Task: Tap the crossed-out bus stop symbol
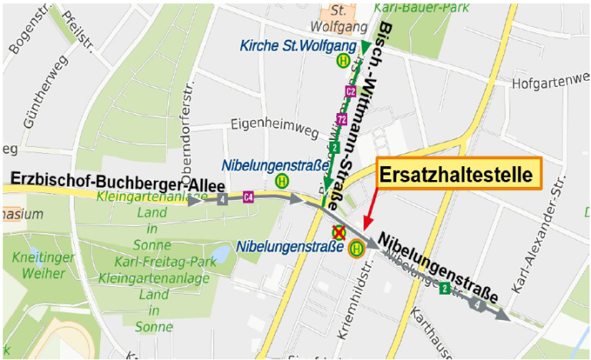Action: pyautogui.click(x=338, y=232)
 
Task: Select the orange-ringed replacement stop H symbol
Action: pyautogui.click(x=356, y=248)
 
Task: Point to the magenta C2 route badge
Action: pyautogui.click(x=350, y=92)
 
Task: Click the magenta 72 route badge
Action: pyautogui.click(x=342, y=119)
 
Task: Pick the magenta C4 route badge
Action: pyautogui.click(x=248, y=196)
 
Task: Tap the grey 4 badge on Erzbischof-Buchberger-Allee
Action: pyautogui.click(x=222, y=201)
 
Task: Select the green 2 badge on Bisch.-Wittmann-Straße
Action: pyautogui.click(x=334, y=147)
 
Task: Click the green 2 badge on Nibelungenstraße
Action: pyautogui.click(x=444, y=289)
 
